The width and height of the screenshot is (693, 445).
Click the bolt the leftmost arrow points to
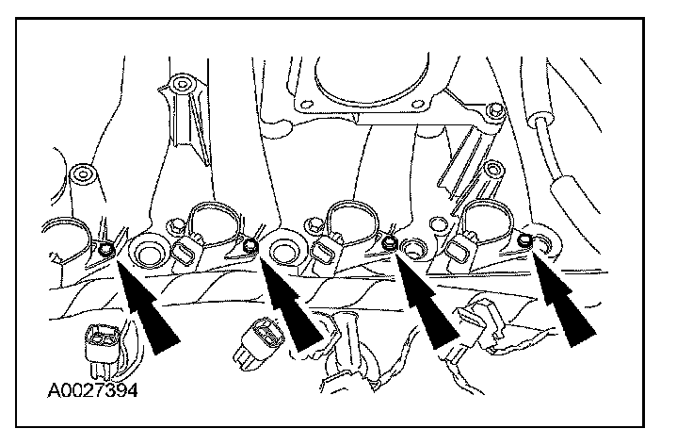point(106,249)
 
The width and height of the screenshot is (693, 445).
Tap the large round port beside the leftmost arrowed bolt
point(147,253)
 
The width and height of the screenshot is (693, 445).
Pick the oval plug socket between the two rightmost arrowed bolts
point(459,248)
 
